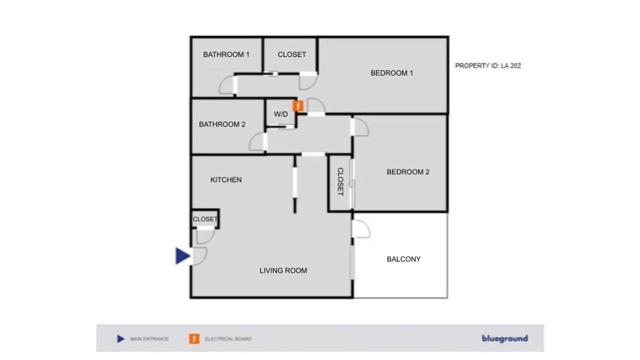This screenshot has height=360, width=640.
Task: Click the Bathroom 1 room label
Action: pyautogui.click(x=226, y=54)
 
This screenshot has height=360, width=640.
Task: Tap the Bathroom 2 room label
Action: pyautogui.click(x=222, y=124)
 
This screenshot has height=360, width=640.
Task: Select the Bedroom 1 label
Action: pyautogui.click(x=392, y=73)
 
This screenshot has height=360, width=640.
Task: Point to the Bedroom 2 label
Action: pyautogui.click(x=408, y=172)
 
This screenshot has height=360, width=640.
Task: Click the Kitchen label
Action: pyautogui.click(x=226, y=180)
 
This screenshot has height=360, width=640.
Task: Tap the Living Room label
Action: pyautogui.click(x=283, y=271)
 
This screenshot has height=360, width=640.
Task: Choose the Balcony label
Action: pyautogui.click(x=404, y=259)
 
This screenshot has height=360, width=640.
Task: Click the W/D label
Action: pyautogui.click(x=281, y=114)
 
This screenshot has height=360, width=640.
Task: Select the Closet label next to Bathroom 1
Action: pyautogui.click(x=292, y=54)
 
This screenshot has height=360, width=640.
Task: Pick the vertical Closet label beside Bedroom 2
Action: pyautogui.click(x=340, y=182)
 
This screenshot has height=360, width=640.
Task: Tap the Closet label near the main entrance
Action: pyautogui.click(x=205, y=219)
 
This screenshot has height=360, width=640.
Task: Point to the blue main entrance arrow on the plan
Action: pyautogui.click(x=183, y=256)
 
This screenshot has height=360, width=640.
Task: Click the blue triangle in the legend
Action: pyautogui.click(x=121, y=339)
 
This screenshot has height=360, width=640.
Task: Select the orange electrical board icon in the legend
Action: pyautogui.click(x=194, y=339)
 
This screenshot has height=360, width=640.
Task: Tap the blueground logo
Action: pyautogui.click(x=505, y=339)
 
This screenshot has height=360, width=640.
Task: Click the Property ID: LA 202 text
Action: pyautogui.click(x=488, y=66)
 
